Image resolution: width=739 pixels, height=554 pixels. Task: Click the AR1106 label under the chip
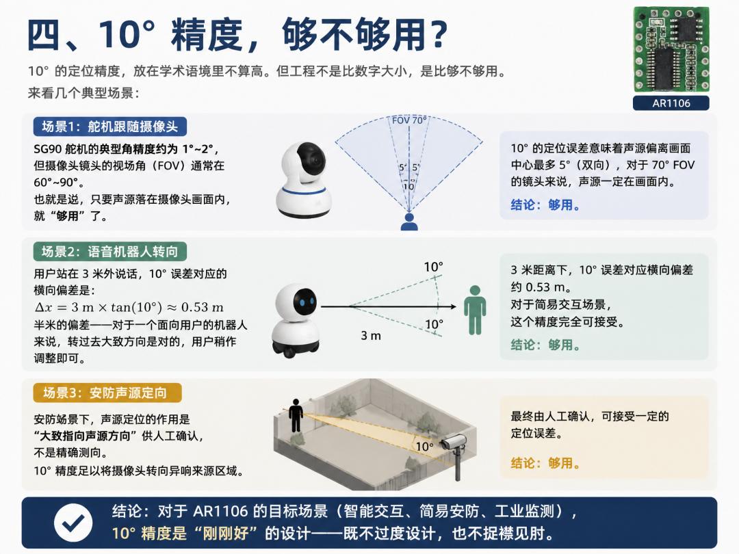pos(671,103)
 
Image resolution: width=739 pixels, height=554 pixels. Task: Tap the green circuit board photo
pos(671,49)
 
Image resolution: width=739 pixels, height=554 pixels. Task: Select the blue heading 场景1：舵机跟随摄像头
pos(109,127)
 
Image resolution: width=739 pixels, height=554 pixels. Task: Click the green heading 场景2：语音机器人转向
pos(109,252)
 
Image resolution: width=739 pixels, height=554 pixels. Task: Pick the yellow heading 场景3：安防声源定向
pos(107,393)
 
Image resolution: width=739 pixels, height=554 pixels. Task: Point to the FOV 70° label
pos(409,120)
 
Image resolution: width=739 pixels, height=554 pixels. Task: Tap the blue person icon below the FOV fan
pos(409,222)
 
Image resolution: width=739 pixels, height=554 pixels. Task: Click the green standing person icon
pos(475,310)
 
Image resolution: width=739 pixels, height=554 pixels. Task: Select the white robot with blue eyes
pos(296,320)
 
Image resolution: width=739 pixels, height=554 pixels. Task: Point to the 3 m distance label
pos(370,335)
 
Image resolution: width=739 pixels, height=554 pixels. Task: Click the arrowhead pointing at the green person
pos(454,306)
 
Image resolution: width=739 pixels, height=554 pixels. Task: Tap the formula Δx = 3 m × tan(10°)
pos(129,307)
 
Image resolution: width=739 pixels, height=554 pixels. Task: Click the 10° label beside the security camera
pos(424,446)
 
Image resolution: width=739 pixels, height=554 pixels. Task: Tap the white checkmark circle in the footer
pos(73,523)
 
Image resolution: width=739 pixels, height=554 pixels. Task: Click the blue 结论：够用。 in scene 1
pos(545,205)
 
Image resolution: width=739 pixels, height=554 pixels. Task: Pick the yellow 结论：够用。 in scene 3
pos(545,463)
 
